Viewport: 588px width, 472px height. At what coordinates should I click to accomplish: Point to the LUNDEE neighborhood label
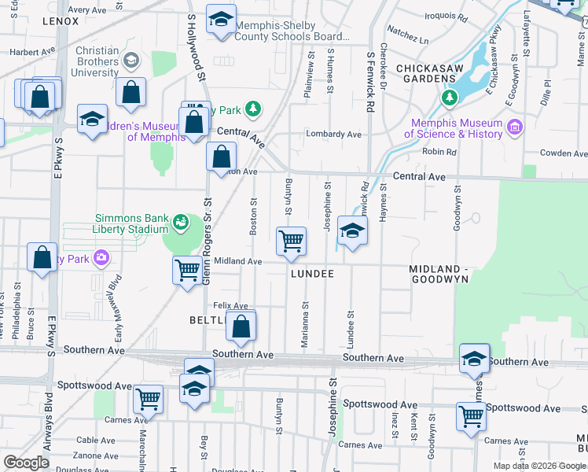(x=312, y=274)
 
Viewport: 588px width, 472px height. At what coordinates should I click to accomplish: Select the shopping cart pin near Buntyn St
(x=291, y=240)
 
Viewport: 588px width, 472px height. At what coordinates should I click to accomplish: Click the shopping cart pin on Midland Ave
(x=187, y=271)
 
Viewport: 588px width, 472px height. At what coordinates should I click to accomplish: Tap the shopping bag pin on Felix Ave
(x=241, y=325)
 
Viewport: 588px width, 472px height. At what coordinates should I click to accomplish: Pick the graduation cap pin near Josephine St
(x=352, y=230)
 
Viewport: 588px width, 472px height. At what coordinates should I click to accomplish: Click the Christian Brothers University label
(x=97, y=61)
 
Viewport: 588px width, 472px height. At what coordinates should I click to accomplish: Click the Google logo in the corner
(x=26, y=463)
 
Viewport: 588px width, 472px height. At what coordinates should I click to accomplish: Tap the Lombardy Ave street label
(x=333, y=135)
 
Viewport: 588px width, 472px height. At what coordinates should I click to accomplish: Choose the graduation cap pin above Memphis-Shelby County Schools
(x=222, y=19)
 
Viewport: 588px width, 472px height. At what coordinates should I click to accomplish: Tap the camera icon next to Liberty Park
(x=101, y=257)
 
